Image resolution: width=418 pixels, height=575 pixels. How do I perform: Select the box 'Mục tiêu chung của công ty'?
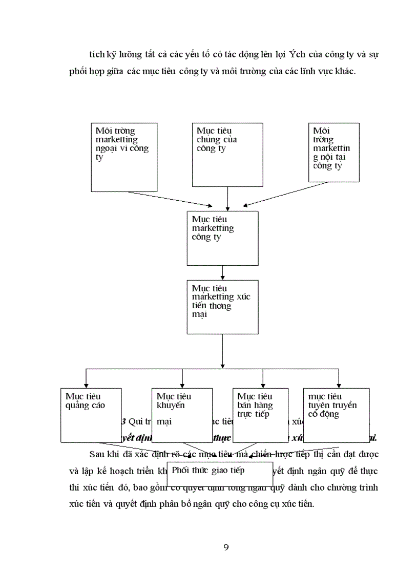pyautogui.click(x=227, y=155)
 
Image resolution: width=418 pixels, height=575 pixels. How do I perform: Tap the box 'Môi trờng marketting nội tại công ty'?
pyautogui.click(x=333, y=152)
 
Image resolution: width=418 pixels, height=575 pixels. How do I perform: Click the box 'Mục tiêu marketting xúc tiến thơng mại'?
pyautogui.click(x=222, y=307)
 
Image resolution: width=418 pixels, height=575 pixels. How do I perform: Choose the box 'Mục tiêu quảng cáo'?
pyautogui.click(x=91, y=415)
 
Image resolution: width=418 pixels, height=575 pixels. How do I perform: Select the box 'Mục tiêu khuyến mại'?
pyautogui.click(x=182, y=415)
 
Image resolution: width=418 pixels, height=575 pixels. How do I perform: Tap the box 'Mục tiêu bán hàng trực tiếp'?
pyautogui.click(x=260, y=415)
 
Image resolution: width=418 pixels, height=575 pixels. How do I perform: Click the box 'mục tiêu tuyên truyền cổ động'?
pyautogui.click(x=336, y=415)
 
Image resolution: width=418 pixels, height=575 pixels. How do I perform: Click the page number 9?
pyautogui.click(x=226, y=547)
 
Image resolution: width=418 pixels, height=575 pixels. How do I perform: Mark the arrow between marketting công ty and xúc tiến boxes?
pyautogui.click(x=222, y=272)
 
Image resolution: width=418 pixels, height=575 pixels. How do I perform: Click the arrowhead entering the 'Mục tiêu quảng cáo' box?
pyautogui.click(x=86, y=385)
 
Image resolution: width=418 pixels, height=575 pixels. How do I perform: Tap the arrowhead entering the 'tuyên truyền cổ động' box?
pyautogui.click(x=339, y=385)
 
